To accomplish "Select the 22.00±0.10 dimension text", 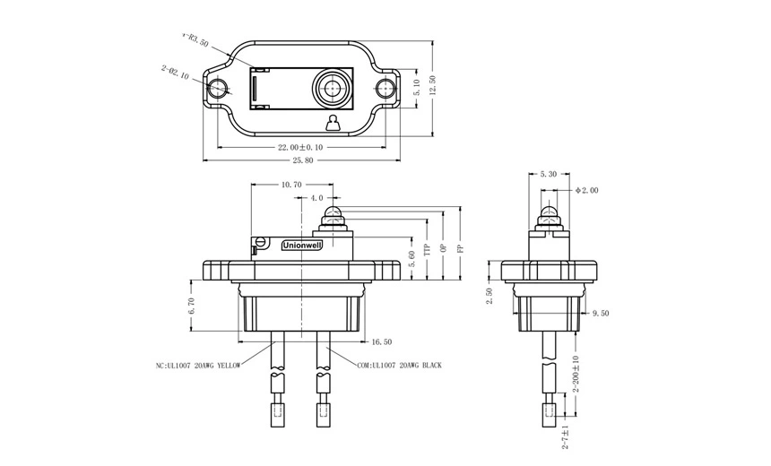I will tap(299, 147).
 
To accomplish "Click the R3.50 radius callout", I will tap(195, 39).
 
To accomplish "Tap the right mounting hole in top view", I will tap(386, 89).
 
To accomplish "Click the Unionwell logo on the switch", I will tap(301, 244).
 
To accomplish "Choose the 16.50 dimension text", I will tap(382, 341).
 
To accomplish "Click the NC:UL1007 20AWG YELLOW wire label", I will tap(195, 366).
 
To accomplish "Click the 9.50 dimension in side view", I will tap(602, 314).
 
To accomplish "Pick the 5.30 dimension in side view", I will tap(550, 174).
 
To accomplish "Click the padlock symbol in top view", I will tap(333, 122).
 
